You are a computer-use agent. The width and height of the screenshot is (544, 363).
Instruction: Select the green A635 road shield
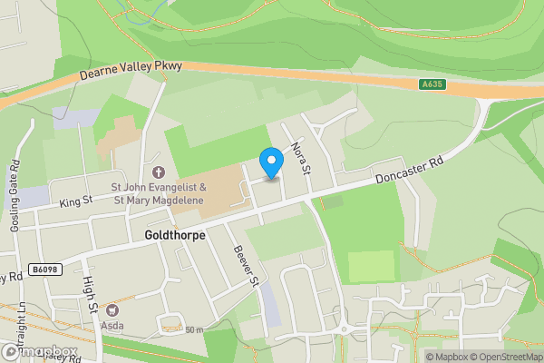[432, 84]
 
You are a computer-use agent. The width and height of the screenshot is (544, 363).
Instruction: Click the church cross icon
[160, 172]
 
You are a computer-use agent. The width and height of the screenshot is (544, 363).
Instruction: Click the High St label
[92, 295]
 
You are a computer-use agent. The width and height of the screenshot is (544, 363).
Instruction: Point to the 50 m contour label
[194, 329]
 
